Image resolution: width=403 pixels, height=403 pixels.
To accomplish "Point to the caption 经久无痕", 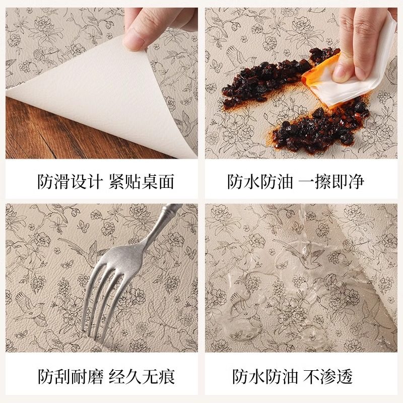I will coord(142,376).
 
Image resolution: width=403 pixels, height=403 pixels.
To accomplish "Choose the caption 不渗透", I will coord(331,376).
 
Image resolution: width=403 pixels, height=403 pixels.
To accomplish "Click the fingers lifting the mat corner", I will coord(151,25).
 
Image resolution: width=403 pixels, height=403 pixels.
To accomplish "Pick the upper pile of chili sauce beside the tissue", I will coord(267,78).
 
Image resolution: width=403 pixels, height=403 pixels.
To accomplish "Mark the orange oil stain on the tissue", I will coord(315,78).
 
